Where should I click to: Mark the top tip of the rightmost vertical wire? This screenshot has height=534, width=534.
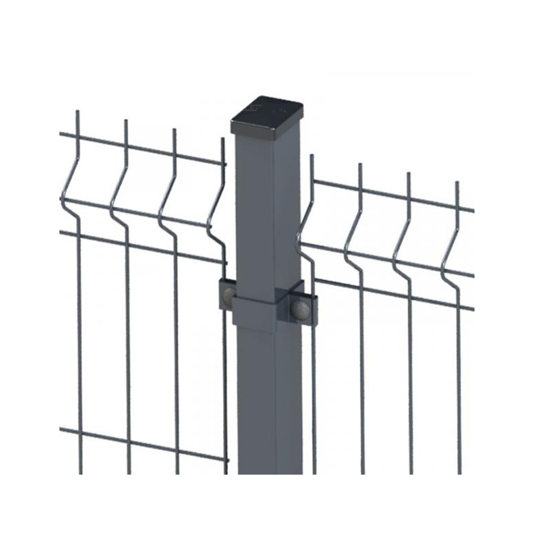pyautogui.click(x=457, y=182)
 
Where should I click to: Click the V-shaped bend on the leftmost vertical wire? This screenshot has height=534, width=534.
pyautogui.click(x=63, y=196)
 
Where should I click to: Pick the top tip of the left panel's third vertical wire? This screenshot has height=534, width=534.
pyautogui.click(x=174, y=129)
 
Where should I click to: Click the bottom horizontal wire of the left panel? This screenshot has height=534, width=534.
pyautogui.click(x=142, y=443)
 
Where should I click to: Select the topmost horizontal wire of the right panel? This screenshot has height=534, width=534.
pyautogui.click(x=392, y=194)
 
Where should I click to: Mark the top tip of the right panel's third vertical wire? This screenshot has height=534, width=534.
pyautogui.click(x=408, y=173)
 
